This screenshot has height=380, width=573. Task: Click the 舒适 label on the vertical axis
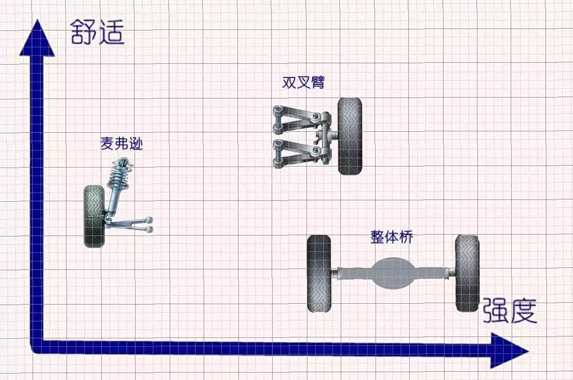[98, 32]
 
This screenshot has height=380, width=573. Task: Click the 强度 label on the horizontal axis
[510, 311]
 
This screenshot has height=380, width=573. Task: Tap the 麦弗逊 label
[122, 144]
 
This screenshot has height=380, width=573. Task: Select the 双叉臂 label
[304, 82]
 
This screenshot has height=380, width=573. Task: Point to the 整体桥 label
[392, 237]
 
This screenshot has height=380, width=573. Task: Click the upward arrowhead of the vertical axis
[37, 38]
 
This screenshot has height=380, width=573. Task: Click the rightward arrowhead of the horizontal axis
[510, 351]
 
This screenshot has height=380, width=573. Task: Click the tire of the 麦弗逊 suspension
[94, 216]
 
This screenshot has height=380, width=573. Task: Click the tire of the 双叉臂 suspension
[349, 136]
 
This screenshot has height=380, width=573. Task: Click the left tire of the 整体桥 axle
[319, 274]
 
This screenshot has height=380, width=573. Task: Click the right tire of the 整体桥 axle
[467, 273]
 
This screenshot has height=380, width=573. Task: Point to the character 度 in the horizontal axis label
[524, 311]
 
